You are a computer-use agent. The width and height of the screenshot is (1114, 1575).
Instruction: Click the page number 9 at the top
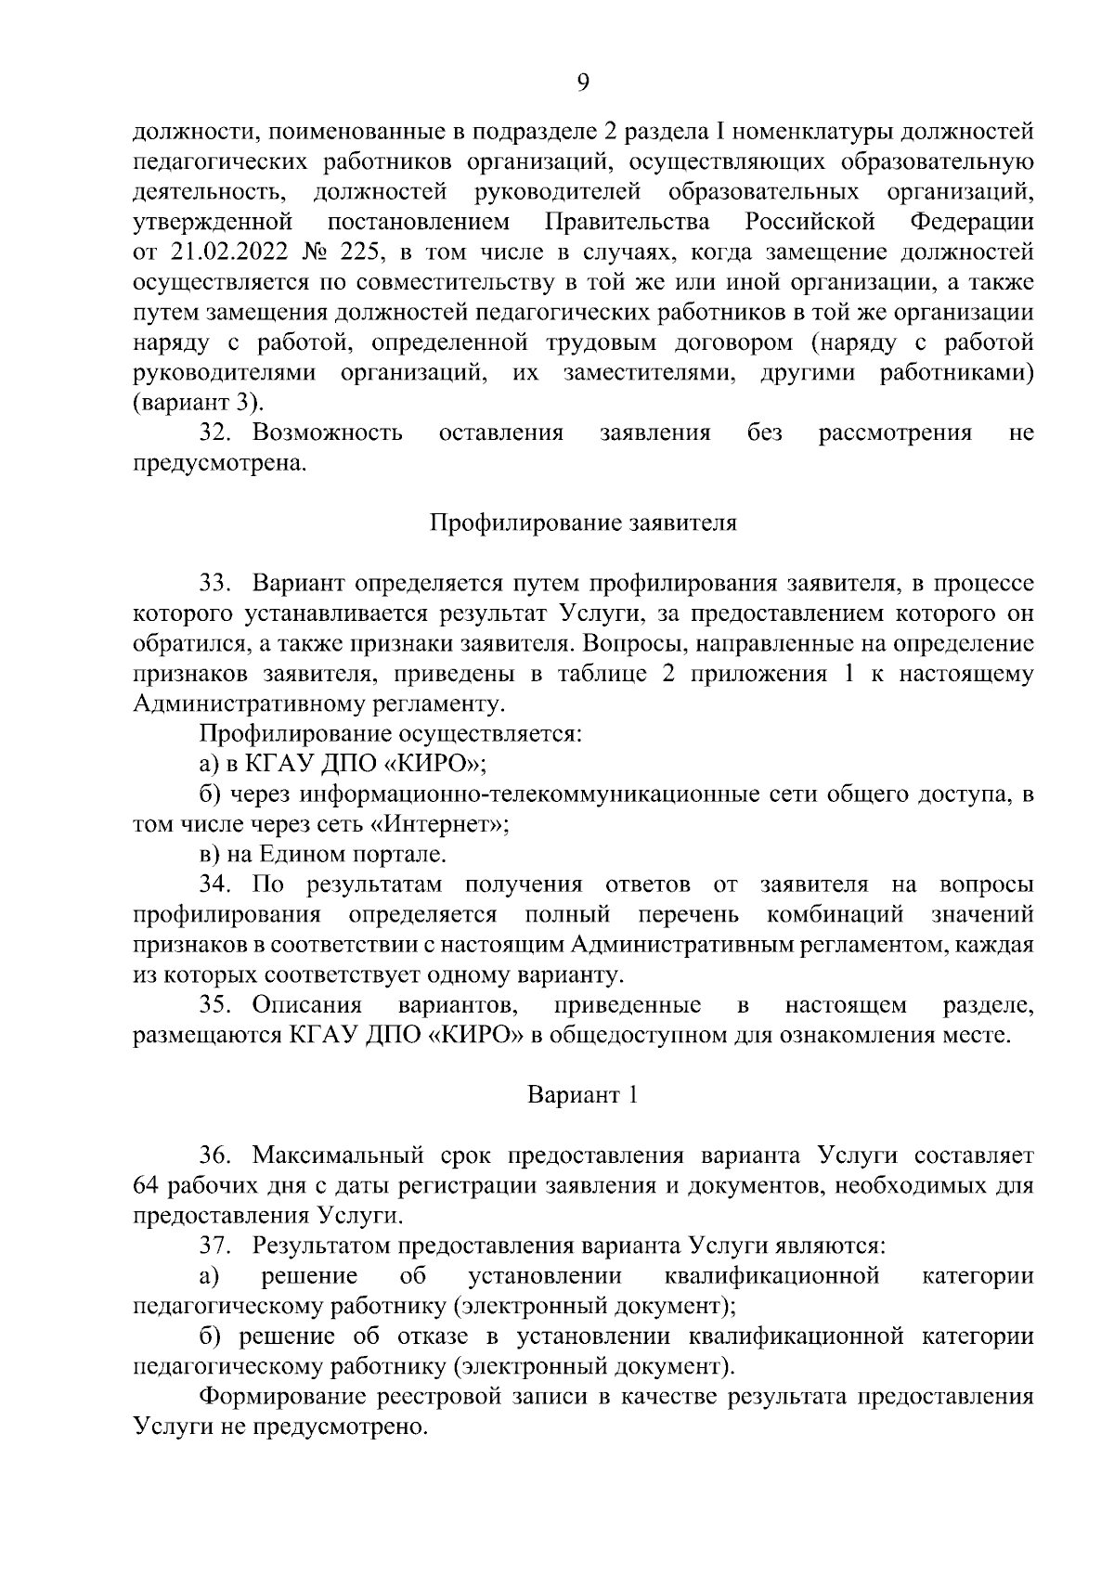pyautogui.click(x=583, y=84)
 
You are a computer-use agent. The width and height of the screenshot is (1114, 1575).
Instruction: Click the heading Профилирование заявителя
pyautogui.click(x=583, y=523)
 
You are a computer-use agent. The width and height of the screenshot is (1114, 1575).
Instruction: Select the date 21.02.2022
pyautogui.click(x=223, y=252)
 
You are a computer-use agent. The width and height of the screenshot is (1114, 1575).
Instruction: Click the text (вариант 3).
pyautogui.click(x=199, y=403)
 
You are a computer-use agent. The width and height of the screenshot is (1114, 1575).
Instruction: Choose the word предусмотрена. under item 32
pyautogui.click(x=220, y=463)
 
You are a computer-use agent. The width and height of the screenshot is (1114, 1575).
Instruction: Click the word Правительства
pyautogui.click(x=628, y=223)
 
